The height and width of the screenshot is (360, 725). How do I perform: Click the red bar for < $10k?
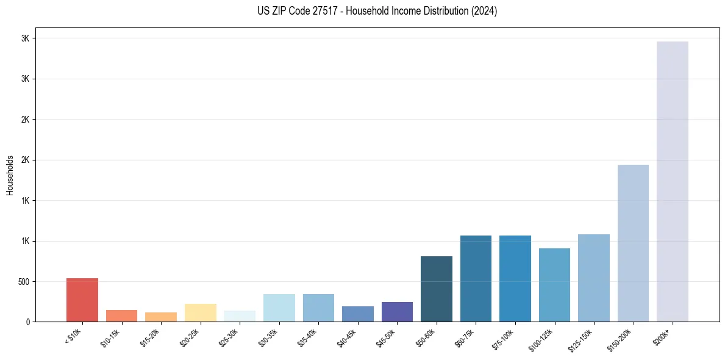82,300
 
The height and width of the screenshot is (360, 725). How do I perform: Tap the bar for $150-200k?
633,243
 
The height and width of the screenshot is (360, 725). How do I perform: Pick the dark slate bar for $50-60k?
437,289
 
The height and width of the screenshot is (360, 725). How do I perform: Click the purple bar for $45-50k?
397,312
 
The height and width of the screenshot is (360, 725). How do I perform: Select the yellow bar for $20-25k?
201,313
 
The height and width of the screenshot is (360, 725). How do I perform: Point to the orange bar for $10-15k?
121,315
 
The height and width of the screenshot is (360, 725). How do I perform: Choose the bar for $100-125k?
554,285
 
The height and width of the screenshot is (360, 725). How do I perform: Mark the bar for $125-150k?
594,278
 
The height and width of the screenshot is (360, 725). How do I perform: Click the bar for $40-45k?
358,314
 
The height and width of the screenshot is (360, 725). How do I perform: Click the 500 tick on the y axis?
24,282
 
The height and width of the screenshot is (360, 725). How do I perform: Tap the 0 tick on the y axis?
28,322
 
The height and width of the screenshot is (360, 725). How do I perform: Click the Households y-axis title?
10,175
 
